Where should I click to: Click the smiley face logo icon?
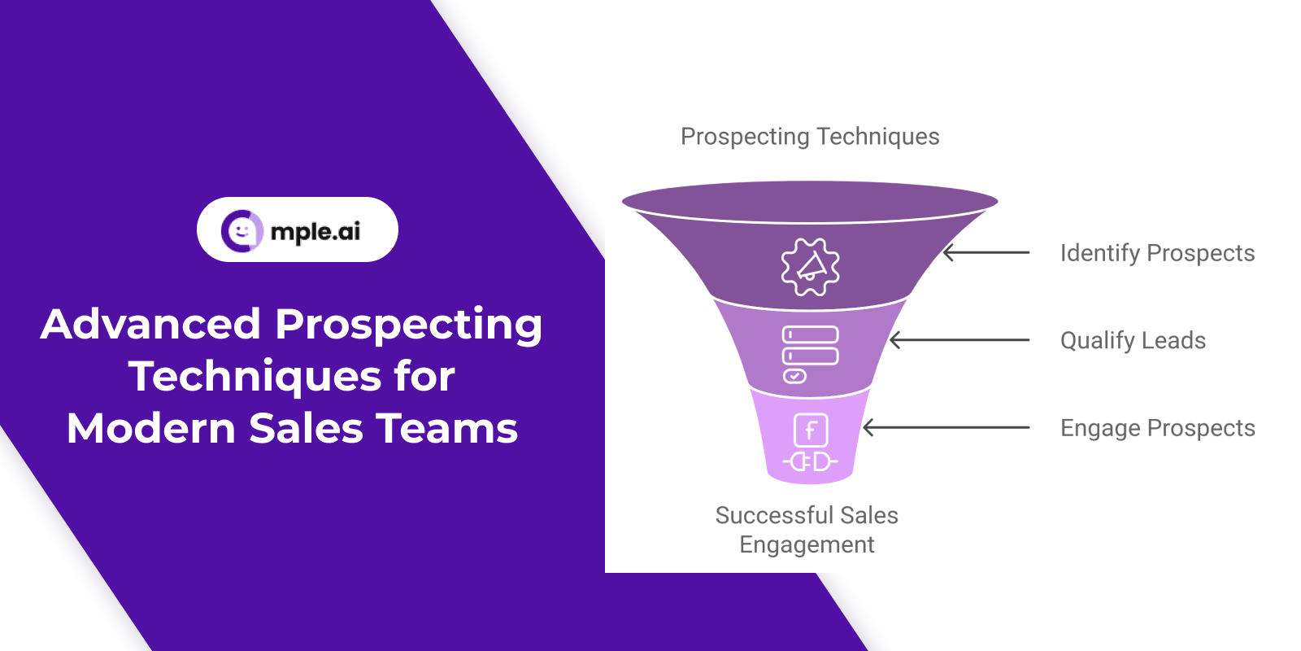click(x=241, y=231)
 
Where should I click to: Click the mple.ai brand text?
click(x=315, y=232)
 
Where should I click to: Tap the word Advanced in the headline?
click(x=151, y=324)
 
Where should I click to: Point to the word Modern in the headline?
click(x=151, y=428)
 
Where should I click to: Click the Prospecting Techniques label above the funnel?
click(x=810, y=138)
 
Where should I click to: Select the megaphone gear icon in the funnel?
click(x=810, y=268)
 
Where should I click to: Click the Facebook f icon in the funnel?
click(x=811, y=430)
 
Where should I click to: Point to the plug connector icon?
click(x=810, y=462)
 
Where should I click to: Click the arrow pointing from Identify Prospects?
click(x=986, y=253)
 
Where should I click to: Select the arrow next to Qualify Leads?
click(x=959, y=340)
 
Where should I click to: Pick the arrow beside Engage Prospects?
click(x=946, y=428)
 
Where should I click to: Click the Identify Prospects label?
click(x=1158, y=254)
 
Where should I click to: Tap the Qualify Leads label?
click(x=1133, y=341)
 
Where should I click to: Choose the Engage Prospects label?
click(x=1158, y=429)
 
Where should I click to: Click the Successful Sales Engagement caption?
click(x=807, y=530)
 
